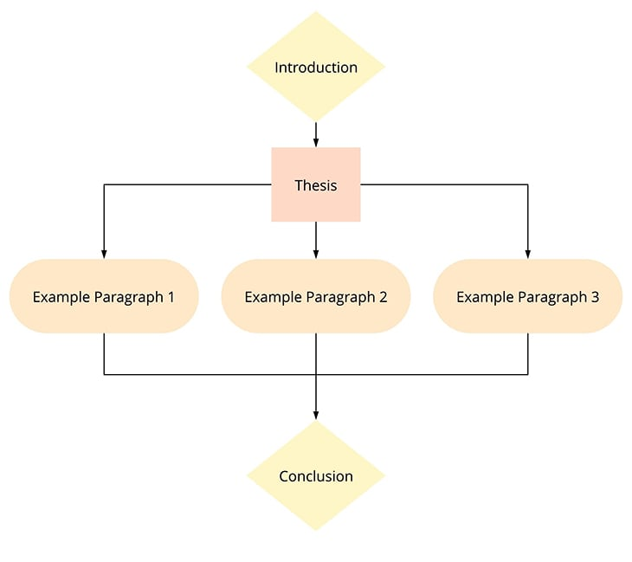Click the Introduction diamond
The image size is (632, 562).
(316, 67)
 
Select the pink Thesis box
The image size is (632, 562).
(316, 184)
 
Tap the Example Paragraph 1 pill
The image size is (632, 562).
(104, 296)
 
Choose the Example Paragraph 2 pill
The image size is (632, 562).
(316, 296)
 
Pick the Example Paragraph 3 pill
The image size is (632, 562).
(528, 296)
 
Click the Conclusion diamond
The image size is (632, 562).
(316, 475)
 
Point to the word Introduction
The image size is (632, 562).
(316, 68)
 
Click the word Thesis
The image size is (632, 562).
(316, 185)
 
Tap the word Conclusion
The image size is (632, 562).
(316, 476)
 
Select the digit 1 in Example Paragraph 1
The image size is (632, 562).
(171, 297)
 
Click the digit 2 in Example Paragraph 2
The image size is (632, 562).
(383, 297)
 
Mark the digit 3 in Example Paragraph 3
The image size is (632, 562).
(595, 297)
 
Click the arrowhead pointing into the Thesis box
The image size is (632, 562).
(316, 142)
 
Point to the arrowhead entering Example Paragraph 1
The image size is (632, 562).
(104, 254)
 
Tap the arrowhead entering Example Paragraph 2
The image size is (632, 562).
(316, 254)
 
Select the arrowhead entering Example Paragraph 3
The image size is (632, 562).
(528, 254)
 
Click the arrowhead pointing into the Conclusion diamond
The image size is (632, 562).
(316, 416)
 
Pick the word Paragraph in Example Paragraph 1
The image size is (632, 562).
(129, 299)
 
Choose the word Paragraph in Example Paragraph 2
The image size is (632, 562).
(341, 299)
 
